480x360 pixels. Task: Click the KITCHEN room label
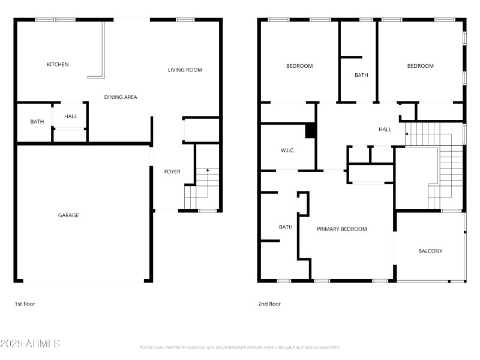[x=58, y=64]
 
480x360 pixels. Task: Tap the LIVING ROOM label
[x=185, y=70]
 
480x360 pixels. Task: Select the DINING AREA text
[x=121, y=97]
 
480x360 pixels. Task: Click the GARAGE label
[x=68, y=215]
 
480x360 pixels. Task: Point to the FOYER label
[x=172, y=172]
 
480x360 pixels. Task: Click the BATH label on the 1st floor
[x=37, y=122]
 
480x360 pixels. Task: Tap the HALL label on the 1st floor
[x=71, y=117]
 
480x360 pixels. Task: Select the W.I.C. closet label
[x=287, y=150]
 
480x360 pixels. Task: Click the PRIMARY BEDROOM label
[x=341, y=229]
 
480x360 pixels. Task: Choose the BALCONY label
[x=430, y=251]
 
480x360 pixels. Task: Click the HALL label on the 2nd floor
[x=385, y=130]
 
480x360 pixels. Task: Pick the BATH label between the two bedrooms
[x=361, y=75]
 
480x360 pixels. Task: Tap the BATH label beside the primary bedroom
[x=286, y=227]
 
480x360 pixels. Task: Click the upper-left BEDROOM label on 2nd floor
[x=299, y=66]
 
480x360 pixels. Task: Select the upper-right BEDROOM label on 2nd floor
[x=420, y=66]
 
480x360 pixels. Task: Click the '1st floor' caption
[x=25, y=304]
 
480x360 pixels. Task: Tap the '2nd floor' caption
[x=269, y=304]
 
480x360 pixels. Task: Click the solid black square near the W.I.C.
[x=310, y=131]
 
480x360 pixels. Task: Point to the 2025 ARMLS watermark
[x=30, y=344]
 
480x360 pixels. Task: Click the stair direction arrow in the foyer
[x=208, y=172]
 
